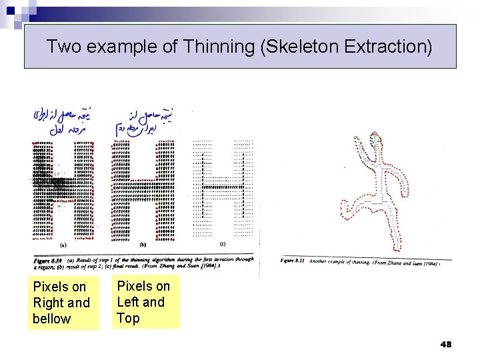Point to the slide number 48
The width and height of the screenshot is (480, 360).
click(446, 344)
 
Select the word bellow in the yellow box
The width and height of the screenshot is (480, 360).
click(51, 319)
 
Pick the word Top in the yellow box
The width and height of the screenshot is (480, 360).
click(128, 318)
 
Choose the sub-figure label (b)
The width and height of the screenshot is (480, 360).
click(143, 245)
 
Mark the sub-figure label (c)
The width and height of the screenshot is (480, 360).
click(223, 245)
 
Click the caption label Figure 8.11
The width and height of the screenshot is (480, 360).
click(293, 261)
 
